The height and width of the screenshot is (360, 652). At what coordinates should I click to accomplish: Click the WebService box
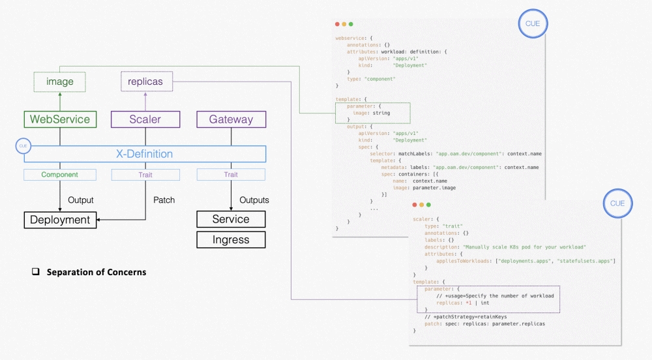click(59, 119)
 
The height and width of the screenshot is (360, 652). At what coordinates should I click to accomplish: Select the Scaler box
click(145, 119)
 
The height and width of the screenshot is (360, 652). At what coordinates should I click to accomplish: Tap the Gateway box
click(231, 119)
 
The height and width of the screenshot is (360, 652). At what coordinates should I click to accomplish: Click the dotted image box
click(59, 82)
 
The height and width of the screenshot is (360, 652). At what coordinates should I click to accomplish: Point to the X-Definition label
click(144, 154)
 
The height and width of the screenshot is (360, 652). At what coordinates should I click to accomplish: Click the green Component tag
click(59, 175)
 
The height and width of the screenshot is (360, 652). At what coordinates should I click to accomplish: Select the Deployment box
click(60, 220)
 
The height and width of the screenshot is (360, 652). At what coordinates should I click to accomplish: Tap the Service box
click(231, 219)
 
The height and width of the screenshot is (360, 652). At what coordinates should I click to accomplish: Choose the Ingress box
click(231, 239)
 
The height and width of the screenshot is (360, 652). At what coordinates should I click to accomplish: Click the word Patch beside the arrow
click(164, 200)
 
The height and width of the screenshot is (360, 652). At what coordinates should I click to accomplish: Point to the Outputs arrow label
click(254, 200)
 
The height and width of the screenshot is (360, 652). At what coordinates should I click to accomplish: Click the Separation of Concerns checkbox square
click(37, 272)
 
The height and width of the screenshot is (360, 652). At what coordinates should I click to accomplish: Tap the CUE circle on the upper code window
click(533, 25)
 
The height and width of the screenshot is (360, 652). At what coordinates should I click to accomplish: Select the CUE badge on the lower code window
click(617, 203)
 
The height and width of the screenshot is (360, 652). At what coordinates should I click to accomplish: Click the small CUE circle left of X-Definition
click(24, 147)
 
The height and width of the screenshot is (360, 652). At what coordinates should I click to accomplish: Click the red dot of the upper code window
click(338, 23)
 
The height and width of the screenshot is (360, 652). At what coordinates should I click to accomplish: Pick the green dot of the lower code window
click(428, 205)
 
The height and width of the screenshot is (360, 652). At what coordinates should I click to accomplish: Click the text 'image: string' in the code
click(372, 113)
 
